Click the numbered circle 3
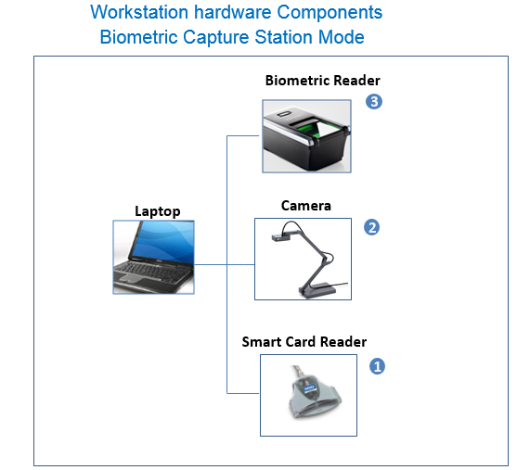coord(374,102)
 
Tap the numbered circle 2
coord(371,227)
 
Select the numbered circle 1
coord(377,366)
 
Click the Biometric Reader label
coord(322,81)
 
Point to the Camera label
coord(306,206)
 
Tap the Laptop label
coord(158,211)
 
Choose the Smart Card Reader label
coord(304,342)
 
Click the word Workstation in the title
coord(139,12)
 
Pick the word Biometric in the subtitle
coord(138,37)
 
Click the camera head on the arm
coord(280,236)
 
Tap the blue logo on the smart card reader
coord(308,387)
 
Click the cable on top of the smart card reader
coord(300,373)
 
